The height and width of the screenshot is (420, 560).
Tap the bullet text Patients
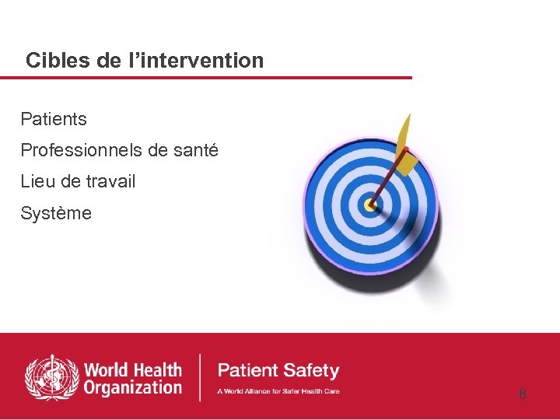54,119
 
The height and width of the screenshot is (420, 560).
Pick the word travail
110,181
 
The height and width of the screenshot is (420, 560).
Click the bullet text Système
56,213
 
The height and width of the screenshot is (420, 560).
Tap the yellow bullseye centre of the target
370,206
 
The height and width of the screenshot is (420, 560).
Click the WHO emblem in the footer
51,377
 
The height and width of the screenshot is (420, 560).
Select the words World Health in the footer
132,369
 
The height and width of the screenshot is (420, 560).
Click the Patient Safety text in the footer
278,370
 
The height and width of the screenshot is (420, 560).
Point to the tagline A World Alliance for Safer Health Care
278,390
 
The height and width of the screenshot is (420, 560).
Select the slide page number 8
523,394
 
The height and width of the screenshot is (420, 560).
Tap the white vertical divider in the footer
201,377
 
